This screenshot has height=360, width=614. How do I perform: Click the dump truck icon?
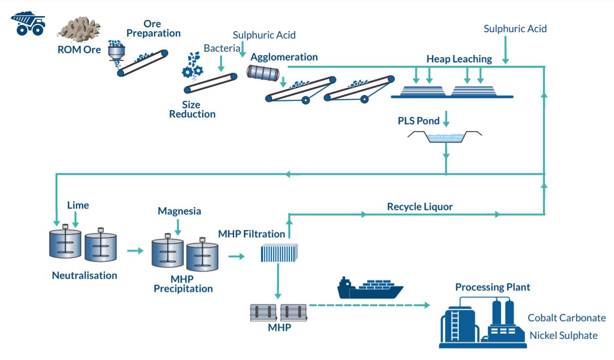tap(28, 23)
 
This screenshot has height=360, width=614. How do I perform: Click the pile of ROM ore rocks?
tap(79, 30)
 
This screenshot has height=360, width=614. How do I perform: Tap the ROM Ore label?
tap(79, 50)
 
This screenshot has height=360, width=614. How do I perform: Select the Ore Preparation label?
tap(153, 29)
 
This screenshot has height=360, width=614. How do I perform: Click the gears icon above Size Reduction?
tap(192, 71)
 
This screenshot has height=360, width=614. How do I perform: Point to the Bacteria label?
tap(222, 48)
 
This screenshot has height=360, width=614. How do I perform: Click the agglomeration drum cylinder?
tap(263, 73)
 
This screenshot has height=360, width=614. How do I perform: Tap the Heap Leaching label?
tap(459, 59)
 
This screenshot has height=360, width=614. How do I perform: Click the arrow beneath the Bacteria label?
tap(221, 64)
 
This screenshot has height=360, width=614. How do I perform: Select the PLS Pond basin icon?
tap(445, 137)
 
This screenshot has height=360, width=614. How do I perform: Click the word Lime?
tap(78, 205)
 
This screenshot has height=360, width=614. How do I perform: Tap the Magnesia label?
tap(179, 211)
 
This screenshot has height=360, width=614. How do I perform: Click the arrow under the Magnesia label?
tap(178, 227)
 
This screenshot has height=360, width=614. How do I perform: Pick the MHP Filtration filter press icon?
tap(279, 253)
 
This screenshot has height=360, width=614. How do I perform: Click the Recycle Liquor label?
tap(420, 207)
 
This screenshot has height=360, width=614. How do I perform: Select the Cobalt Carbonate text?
tap(567, 318)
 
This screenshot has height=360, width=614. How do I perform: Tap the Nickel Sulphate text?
tap(563, 335)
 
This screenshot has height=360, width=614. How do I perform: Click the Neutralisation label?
tap(84, 275)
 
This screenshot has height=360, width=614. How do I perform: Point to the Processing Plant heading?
tap(493, 287)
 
